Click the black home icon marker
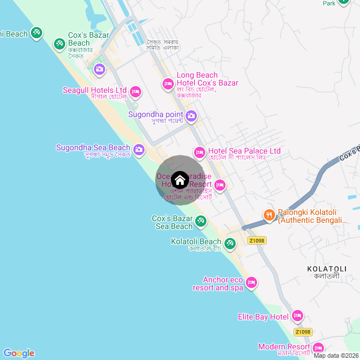tap(180, 180)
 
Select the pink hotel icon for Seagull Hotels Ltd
tap(135, 92)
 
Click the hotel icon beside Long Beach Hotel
tap(168, 84)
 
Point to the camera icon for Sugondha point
tap(191, 116)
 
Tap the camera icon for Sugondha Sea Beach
tap(139, 150)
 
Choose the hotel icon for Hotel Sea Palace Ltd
tap(199, 152)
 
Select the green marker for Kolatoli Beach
tap(229, 244)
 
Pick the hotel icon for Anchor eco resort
tap(251, 281)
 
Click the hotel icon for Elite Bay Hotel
tap(298, 316)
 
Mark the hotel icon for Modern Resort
tap(318, 348)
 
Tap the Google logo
tap(19, 353)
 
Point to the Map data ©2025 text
tap(336, 355)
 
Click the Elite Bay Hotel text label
tap(263, 317)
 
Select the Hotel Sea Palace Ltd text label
tap(244, 151)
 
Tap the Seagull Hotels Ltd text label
tap(94, 90)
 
